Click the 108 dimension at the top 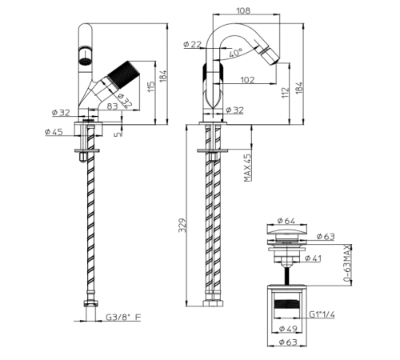243,10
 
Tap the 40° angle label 235,52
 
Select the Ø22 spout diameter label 192,44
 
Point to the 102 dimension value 247,80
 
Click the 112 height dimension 285,93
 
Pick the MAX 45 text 248,168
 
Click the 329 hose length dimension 182,226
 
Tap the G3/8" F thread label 123,317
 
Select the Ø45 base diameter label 54,132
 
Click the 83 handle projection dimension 112,106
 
